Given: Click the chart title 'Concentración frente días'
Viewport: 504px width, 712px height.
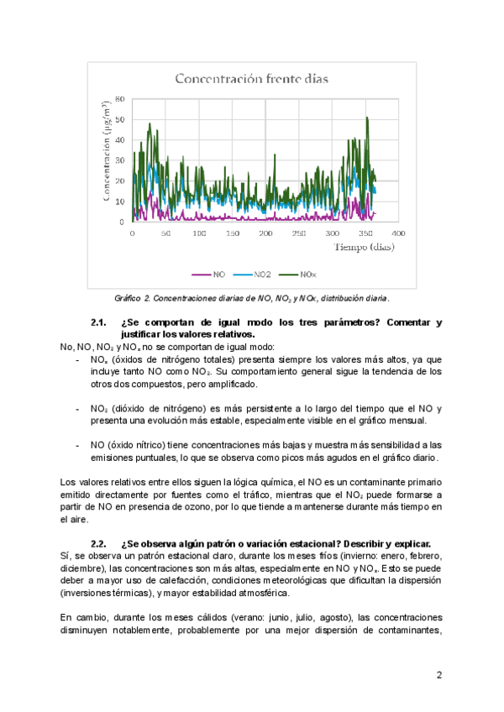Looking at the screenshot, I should tap(251, 80).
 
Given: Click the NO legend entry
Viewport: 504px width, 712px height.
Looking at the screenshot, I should tap(209, 274).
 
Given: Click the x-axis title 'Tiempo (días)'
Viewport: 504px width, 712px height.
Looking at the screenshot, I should tap(365, 247).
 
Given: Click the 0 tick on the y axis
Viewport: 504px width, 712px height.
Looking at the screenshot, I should tap(123, 222).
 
